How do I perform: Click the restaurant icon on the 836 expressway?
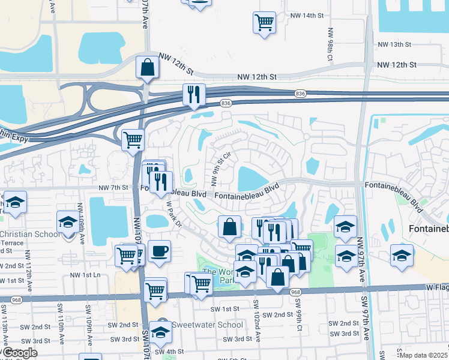[194, 94]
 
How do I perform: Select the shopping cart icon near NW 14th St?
[264, 23]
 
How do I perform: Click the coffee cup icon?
[159, 251]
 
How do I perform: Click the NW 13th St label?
[394, 45]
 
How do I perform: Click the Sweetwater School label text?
[207, 325]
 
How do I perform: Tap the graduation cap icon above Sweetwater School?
[160, 331]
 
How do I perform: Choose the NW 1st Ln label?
[83, 275]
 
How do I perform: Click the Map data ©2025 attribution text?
[423, 355]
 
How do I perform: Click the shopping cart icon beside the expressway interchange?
[133, 140]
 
